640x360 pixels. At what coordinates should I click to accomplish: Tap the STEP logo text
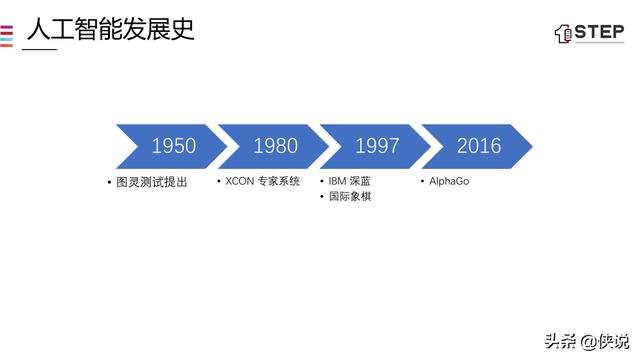(599, 33)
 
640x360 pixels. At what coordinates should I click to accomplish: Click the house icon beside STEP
(563, 34)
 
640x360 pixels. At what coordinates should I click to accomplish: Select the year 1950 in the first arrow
(173, 146)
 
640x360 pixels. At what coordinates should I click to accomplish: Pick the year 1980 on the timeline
(275, 146)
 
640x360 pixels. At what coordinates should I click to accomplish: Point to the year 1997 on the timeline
(377, 146)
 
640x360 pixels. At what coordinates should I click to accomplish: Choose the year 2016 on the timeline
(479, 146)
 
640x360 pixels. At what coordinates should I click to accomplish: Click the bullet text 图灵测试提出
(152, 182)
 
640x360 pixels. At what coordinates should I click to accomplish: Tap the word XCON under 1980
(240, 182)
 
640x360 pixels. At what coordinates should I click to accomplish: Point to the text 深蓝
(361, 182)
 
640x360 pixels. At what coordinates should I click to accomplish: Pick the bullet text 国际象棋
(350, 196)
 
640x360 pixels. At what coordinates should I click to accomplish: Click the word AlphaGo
(449, 182)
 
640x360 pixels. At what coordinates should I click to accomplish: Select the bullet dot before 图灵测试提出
(110, 182)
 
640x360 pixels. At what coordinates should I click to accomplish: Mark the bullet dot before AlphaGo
(422, 182)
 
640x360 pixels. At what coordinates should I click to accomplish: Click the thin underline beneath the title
(40, 49)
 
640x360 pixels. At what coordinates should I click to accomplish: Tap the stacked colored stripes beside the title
(6, 34)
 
